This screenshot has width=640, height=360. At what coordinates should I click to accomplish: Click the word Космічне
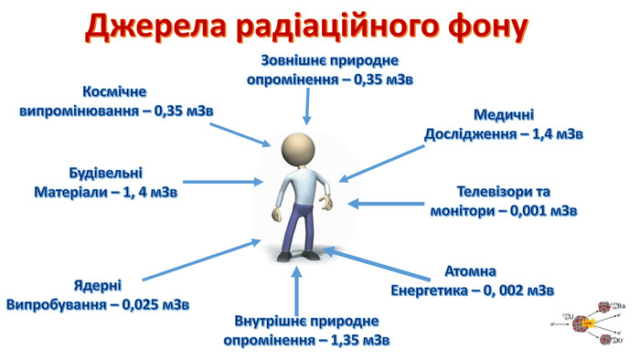click(114, 92)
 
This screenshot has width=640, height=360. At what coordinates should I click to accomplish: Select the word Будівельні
click(106, 174)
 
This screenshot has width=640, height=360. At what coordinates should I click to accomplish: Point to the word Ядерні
click(97, 284)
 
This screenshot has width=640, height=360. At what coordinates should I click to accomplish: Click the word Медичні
click(504, 116)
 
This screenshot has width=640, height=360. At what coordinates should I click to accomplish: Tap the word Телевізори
click(492, 192)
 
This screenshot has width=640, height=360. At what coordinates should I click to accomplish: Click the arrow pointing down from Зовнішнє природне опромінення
click(306, 106)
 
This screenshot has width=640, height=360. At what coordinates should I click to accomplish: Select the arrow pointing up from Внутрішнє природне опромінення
click(295, 288)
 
